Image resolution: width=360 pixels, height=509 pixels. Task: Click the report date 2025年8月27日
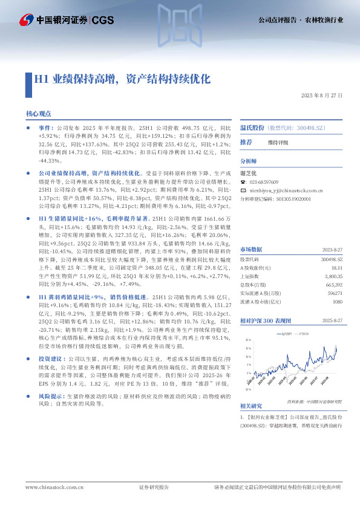(322, 96)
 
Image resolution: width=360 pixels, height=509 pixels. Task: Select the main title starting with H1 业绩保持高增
(122, 79)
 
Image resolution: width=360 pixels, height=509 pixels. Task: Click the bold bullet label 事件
(46, 129)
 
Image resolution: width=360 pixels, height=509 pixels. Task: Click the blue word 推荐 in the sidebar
(246, 143)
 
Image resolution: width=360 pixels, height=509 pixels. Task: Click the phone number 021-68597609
(264, 182)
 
